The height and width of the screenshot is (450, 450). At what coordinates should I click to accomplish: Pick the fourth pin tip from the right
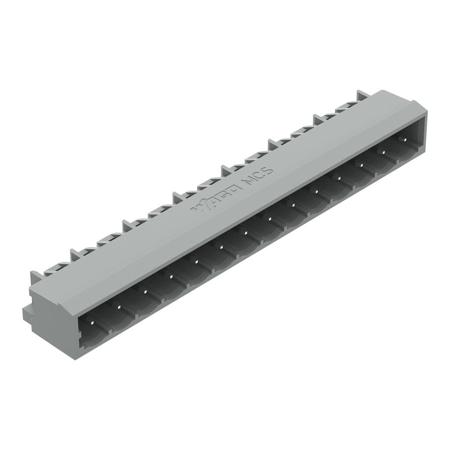tap(339, 178)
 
